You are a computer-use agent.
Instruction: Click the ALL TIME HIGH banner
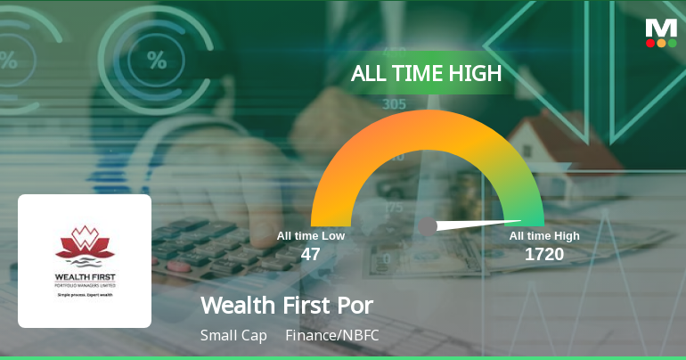point(426,73)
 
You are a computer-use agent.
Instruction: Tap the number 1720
point(543,255)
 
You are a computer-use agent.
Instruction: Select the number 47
point(310,255)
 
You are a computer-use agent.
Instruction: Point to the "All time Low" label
point(310,236)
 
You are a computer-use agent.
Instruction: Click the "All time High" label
point(544,236)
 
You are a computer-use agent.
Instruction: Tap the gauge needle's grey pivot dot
point(429,226)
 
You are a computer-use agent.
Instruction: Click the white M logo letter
point(661,27)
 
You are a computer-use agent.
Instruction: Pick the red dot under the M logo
point(650,42)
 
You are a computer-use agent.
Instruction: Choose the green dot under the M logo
point(672,42)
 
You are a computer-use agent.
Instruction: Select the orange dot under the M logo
point(661,42)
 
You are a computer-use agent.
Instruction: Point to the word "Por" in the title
point(354,305)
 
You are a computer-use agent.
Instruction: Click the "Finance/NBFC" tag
point(326,336)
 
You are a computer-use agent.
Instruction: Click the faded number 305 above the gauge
point(394,104)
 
